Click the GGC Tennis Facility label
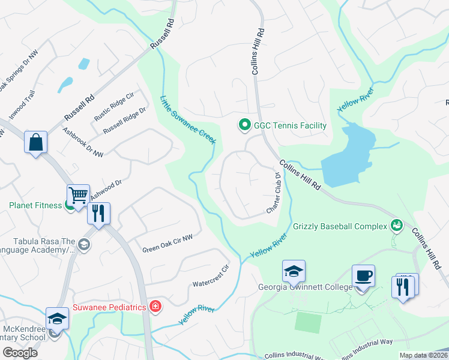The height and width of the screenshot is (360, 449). click(x=290, y=125)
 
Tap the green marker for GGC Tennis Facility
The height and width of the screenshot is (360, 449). click(x=244, y=125)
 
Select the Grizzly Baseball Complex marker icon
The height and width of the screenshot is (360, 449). click(x=396, y=226)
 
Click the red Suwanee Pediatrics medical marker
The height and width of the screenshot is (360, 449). click(x=155, y=307)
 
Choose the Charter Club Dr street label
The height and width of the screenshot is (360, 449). click(x=274, y=194)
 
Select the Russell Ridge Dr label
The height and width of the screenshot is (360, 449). click(x=124, y=121)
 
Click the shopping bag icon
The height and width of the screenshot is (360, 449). click(x=36, y=143)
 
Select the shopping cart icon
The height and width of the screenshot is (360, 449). click(x=78, y=194)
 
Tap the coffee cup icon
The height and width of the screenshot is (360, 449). click(x=363, y=275)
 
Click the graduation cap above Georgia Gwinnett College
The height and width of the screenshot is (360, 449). click(x=294, y=271)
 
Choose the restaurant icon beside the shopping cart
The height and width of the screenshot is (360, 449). click(x=98, y=213)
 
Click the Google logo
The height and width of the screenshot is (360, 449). click(x=20, y=353)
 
